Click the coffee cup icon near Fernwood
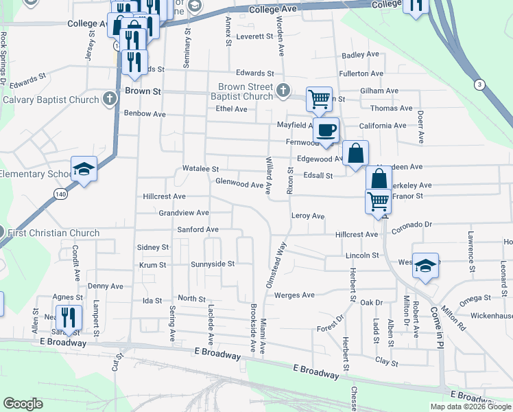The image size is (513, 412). (326, 129)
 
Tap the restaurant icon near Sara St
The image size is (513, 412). (70, 317)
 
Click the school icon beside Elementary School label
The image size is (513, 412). (84, 170)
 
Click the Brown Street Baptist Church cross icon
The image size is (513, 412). (282, 89)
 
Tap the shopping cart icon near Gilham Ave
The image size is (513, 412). (319, 98)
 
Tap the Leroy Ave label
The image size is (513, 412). (307, 216)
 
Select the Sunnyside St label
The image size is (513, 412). (213, 263)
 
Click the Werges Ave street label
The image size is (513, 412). (294, 295)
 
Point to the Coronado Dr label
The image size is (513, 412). (412, 224)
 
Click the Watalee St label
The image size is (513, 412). (200, 169)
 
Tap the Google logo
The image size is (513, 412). (23, 404)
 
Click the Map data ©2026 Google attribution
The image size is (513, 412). (470, 407)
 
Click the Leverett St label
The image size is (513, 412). (254, 36)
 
